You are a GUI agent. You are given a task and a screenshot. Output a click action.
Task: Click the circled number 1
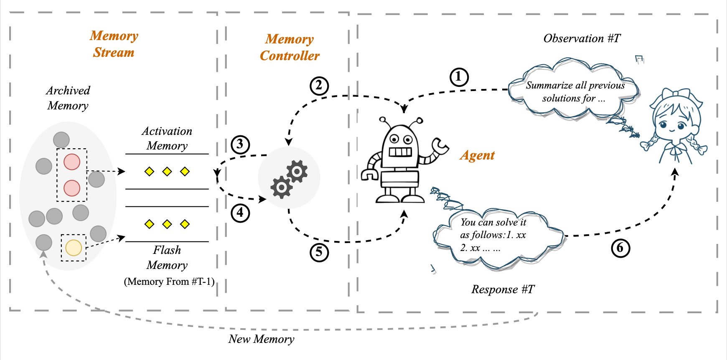459,77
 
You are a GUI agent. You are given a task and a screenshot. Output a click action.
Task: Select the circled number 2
319,86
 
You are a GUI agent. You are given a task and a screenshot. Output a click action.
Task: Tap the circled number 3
240,145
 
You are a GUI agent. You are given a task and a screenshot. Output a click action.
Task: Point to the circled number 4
240,213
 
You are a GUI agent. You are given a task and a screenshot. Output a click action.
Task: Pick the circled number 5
319,252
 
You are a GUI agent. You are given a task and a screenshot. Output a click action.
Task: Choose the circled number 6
620,248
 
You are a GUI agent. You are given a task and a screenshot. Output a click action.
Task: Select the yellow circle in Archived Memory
74,248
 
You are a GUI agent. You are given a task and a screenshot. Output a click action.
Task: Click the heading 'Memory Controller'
290,47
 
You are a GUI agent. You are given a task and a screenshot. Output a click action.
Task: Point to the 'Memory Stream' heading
114,44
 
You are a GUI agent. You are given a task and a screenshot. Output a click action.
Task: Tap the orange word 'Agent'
477,155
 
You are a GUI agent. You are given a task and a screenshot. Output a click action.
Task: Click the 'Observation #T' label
582,38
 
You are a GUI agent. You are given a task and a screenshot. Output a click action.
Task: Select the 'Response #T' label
503,289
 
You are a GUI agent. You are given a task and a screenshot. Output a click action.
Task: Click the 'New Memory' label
261,339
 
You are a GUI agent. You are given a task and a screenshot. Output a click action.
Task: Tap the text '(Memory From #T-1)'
169,281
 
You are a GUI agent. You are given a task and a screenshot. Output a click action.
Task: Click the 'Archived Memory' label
68,98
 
